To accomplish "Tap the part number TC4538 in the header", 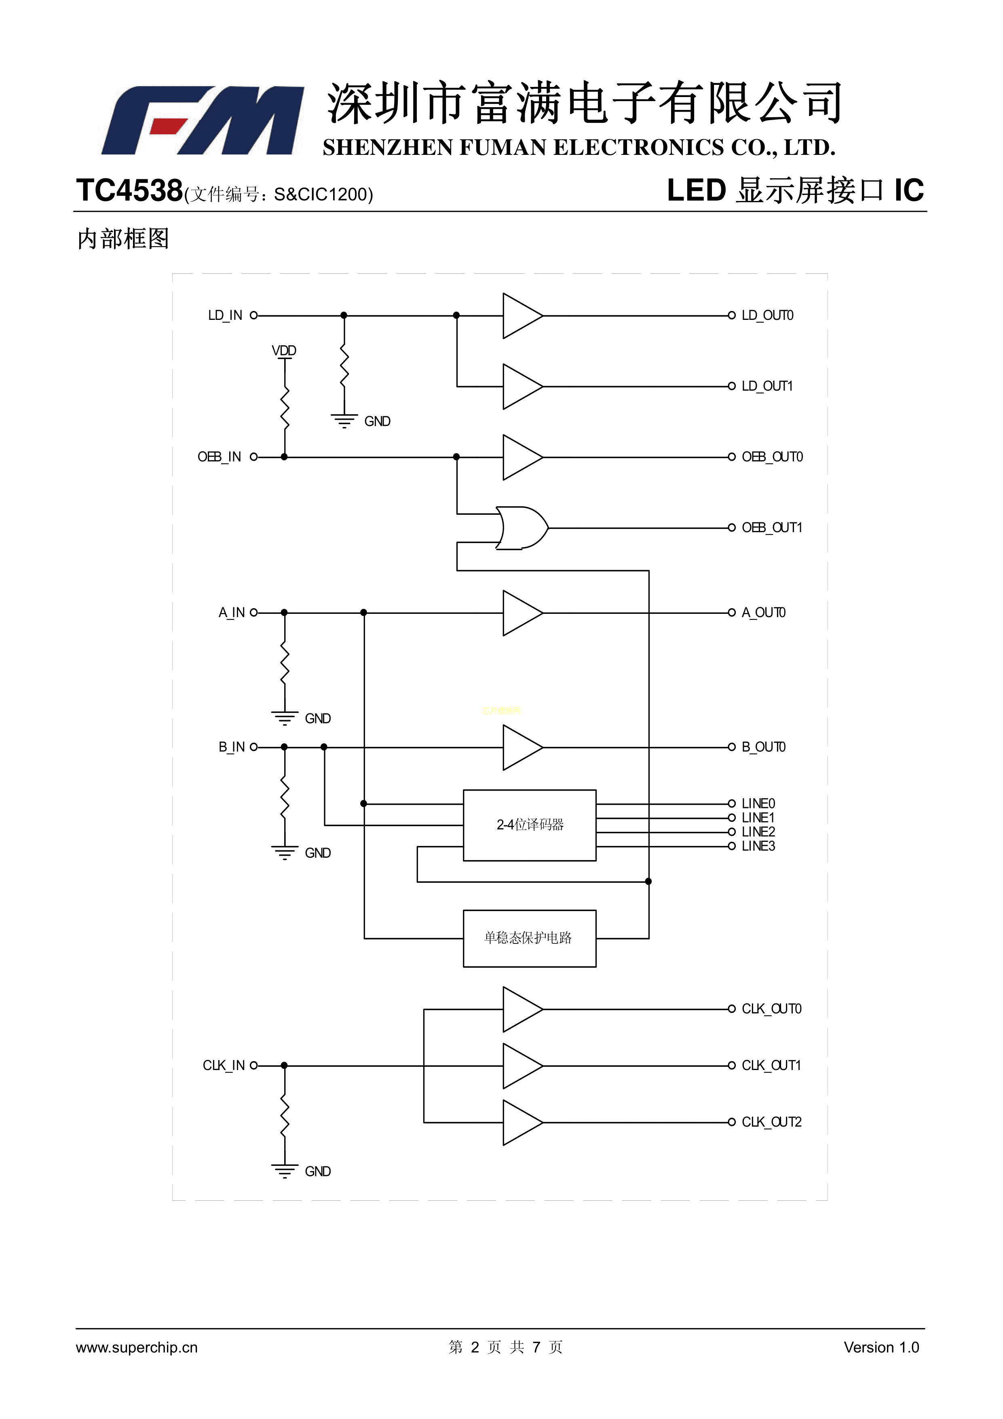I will (x=129, y=190).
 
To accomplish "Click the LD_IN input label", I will (x=225, y=316).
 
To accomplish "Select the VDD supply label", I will (x=284, y=351).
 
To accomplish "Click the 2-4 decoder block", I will (x=530, y=825).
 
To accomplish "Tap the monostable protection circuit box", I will (x=530, y=938).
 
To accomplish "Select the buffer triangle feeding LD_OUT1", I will (x=521, y=387).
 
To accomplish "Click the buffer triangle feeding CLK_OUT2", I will (x=521, y=1122).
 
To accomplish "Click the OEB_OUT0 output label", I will (x=772, y=457).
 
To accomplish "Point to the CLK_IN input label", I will (x=224, y=1066).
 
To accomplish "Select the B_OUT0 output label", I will (x=764, y=747).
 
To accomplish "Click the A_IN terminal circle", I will (x=253, y=613).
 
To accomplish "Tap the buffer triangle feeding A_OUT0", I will (x=521, y=613).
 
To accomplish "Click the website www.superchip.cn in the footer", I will (x=137, y=1347).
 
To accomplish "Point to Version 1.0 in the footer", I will (x=881, y=1347).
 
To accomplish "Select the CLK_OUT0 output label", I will (x=771, y=1009).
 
